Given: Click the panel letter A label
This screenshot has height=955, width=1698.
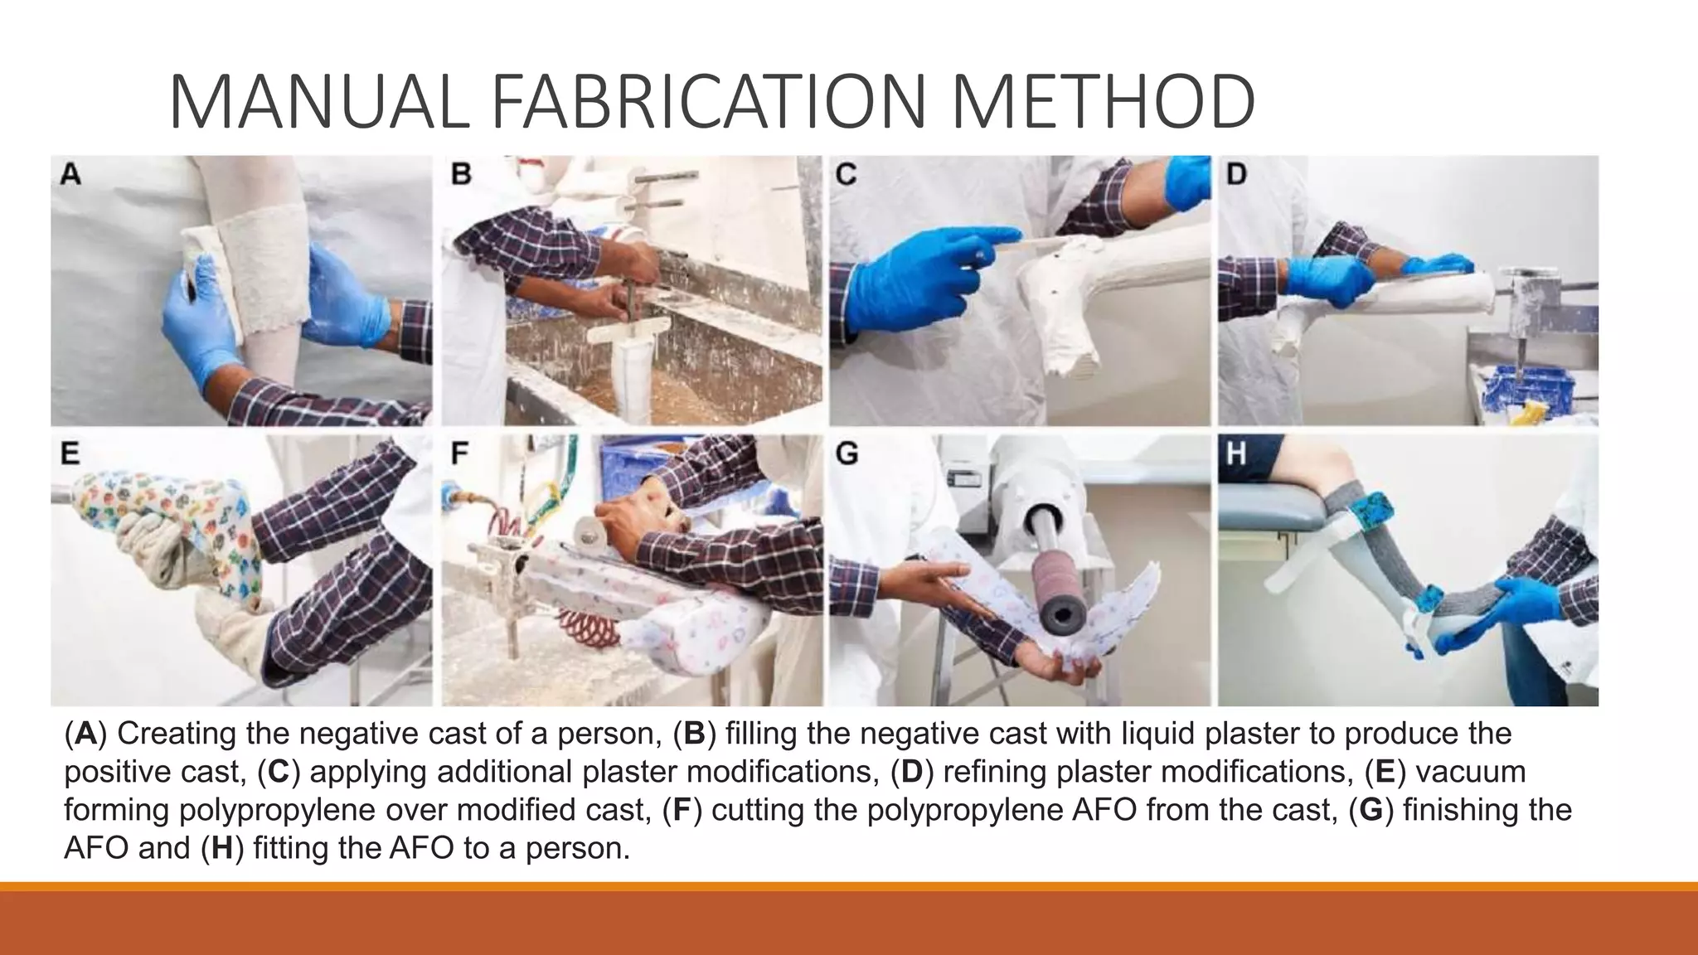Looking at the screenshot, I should point(70,175).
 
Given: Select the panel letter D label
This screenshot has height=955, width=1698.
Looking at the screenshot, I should point(1236,175).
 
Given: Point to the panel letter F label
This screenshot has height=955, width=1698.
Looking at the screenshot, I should point(459,453).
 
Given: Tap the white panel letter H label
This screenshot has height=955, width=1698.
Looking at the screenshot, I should point(1235,453).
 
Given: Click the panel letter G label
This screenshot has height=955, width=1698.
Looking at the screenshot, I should point(847,453).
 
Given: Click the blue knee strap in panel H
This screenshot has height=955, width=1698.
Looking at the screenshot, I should point(1371,508).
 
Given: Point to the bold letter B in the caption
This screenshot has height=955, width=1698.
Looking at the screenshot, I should point(694,734).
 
